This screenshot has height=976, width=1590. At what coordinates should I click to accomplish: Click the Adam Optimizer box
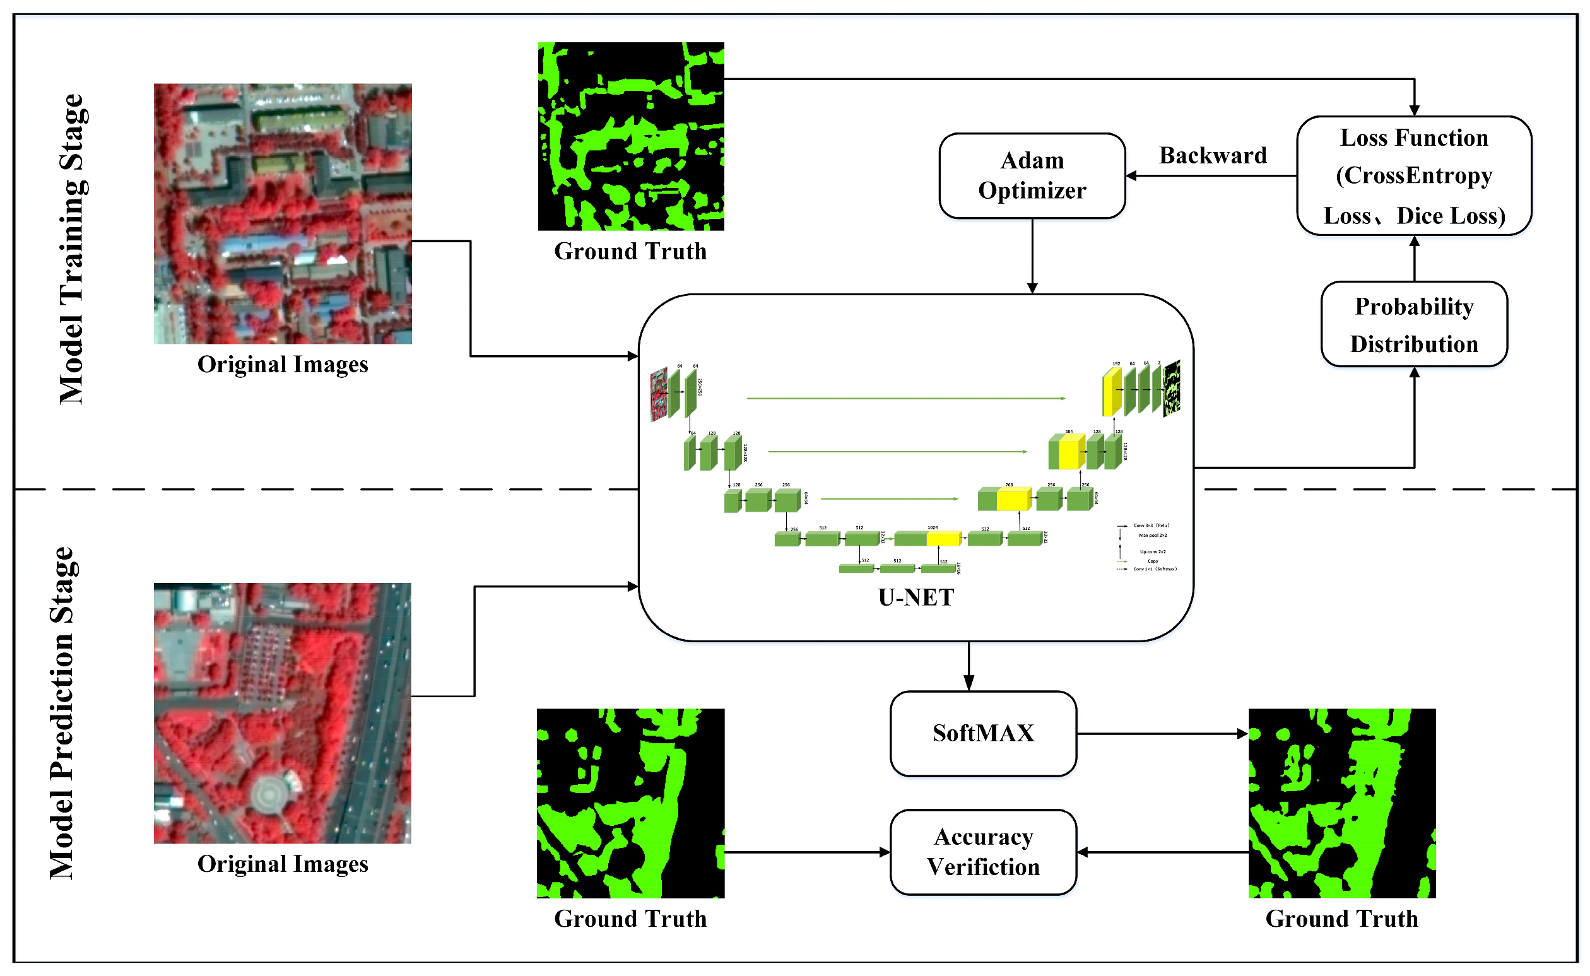(x=1032, y=175)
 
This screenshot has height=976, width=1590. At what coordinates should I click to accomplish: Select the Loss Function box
(x=1414, y=175)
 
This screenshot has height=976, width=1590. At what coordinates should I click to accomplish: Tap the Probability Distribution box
(x=1414, y=324)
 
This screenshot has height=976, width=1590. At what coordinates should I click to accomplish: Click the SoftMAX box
(x=982, y=733)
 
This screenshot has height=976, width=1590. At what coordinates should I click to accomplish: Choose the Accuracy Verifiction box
(x=982, y=852)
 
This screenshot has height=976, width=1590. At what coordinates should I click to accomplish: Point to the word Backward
(x=1212, y=156)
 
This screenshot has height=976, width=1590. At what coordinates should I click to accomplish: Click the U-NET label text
(x=916, y=597)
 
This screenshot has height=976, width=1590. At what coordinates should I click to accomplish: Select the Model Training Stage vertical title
(x=73, y=249)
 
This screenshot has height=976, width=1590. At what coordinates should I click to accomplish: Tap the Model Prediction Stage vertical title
(x=63, y=714)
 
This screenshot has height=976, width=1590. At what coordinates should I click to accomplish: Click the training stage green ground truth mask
(x=631, y=136)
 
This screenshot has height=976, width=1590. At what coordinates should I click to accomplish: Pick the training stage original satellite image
(x=283, y=214)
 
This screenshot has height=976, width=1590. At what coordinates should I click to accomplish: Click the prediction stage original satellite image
(x=282, y=713)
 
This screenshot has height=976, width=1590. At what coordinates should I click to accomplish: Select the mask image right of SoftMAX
(x=1341, y=803)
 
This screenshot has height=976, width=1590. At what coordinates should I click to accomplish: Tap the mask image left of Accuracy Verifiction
(x=630, y=803)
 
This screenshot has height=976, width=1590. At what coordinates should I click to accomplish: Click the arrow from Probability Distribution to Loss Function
(x=1414, y=258)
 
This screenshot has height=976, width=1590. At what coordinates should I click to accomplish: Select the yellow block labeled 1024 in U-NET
(x=943, y=538)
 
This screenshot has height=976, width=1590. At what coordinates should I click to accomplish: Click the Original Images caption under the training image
(x=283, y=365)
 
